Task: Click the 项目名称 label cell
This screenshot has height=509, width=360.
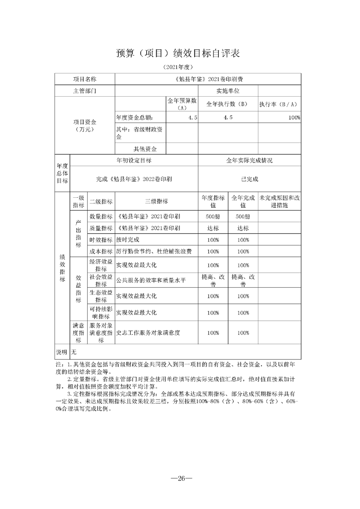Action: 85,79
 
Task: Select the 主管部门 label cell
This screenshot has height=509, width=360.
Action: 85,91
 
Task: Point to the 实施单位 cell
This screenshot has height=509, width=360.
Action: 228,91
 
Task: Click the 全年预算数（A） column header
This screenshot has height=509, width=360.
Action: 182,104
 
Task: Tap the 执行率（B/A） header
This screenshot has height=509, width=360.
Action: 279,104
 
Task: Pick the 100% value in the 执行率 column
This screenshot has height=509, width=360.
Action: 294,117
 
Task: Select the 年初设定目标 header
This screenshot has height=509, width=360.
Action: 134,161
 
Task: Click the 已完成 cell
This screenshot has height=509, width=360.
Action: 250,179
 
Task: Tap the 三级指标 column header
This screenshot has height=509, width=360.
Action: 156,202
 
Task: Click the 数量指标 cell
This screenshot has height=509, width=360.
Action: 101,216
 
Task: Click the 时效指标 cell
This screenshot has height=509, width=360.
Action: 101,240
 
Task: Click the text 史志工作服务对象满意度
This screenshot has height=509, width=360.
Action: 148,333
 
